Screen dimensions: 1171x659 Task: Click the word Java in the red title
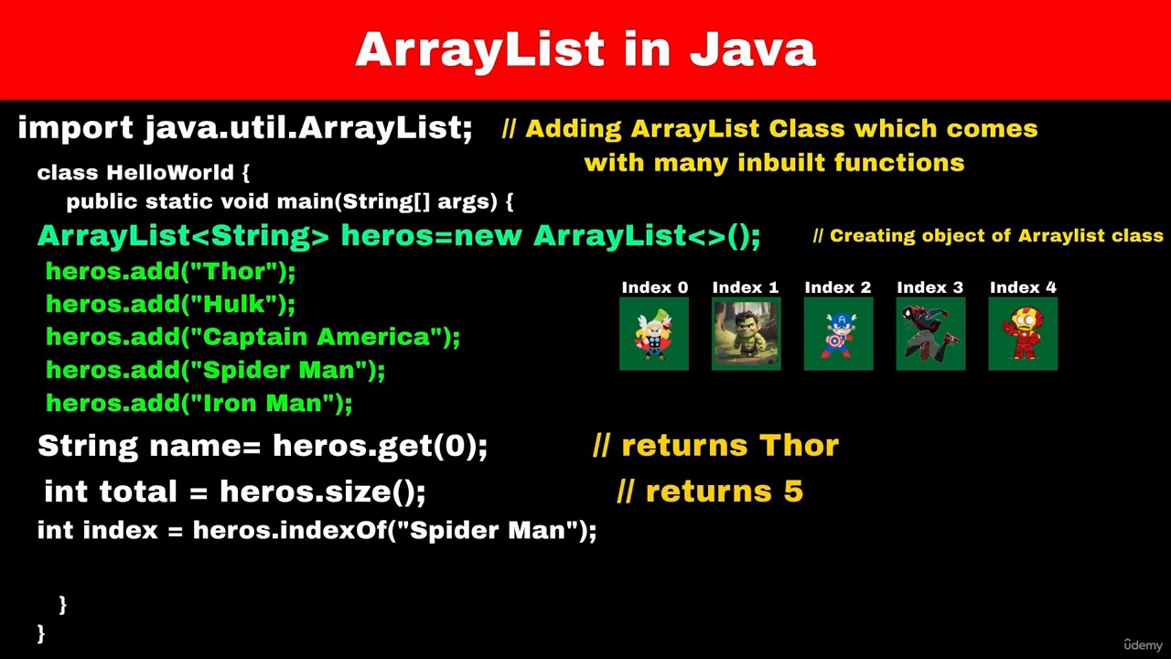click(753, 49)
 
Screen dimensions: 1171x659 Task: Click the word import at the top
click(76, 129)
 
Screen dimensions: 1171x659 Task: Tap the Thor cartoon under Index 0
click(654, 334)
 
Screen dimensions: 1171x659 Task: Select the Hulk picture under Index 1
click(746, 334)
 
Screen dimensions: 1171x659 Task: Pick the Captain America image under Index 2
click(839, 334)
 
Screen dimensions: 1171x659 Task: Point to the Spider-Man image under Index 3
click(930, 334)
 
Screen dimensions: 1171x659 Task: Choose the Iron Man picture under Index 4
click(1023, 334)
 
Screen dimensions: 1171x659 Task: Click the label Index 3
click(930, 287)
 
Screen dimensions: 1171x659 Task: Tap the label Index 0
click(654, 287)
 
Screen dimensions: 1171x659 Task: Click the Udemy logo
click(1143, 645)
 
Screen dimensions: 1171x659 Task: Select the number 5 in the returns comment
click(793, 492)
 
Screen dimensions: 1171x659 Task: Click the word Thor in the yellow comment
click(799, 446)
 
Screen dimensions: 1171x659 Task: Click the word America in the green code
click(374, 337)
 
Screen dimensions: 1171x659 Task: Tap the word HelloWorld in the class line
click(170, 173)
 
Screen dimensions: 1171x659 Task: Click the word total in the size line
click(138, 492)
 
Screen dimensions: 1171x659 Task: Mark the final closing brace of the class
click(41, 633)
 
